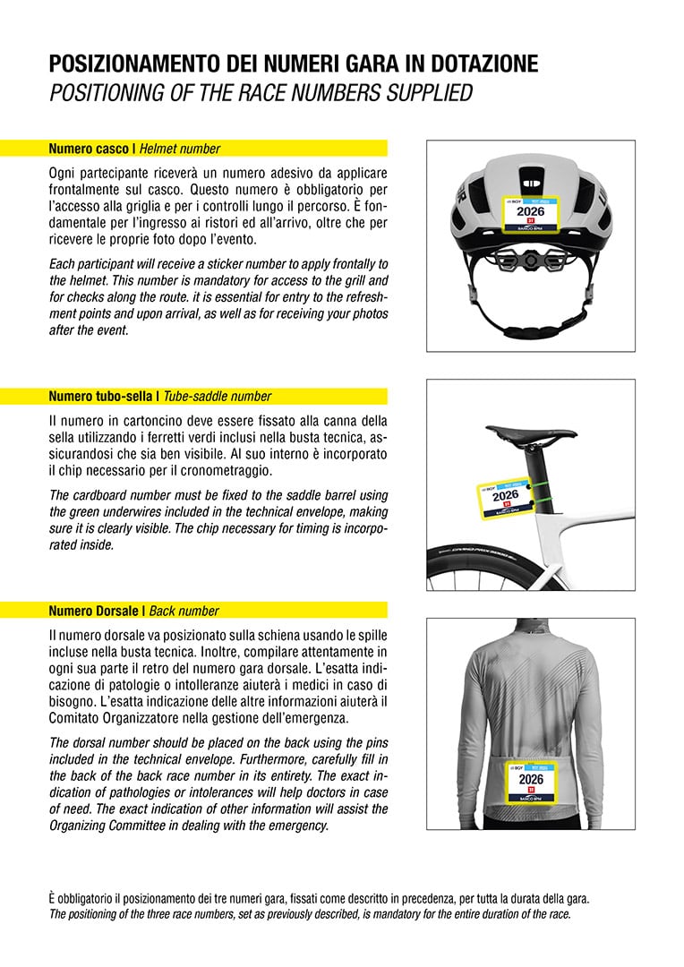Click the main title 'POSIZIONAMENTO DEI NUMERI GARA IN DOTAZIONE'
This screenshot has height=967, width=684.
pos(294,64)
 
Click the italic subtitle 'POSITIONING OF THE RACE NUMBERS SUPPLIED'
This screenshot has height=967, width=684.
pos(261,93)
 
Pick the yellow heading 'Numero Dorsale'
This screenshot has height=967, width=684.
pos(94,611)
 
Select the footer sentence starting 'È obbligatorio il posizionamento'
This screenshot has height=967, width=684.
pos(319,898)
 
